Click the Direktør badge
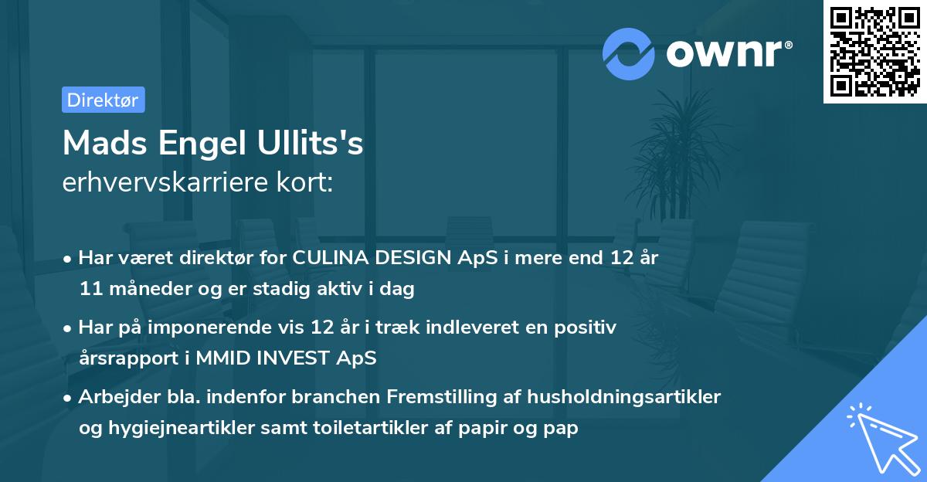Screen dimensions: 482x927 [x=103, y=100]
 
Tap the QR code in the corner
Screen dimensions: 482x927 [x=874, y=52]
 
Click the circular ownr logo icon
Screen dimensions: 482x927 [x=629, y=53]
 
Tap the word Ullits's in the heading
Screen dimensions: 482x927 [x=313, y=143]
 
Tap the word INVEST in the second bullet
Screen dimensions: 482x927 [x=304, y=358]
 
